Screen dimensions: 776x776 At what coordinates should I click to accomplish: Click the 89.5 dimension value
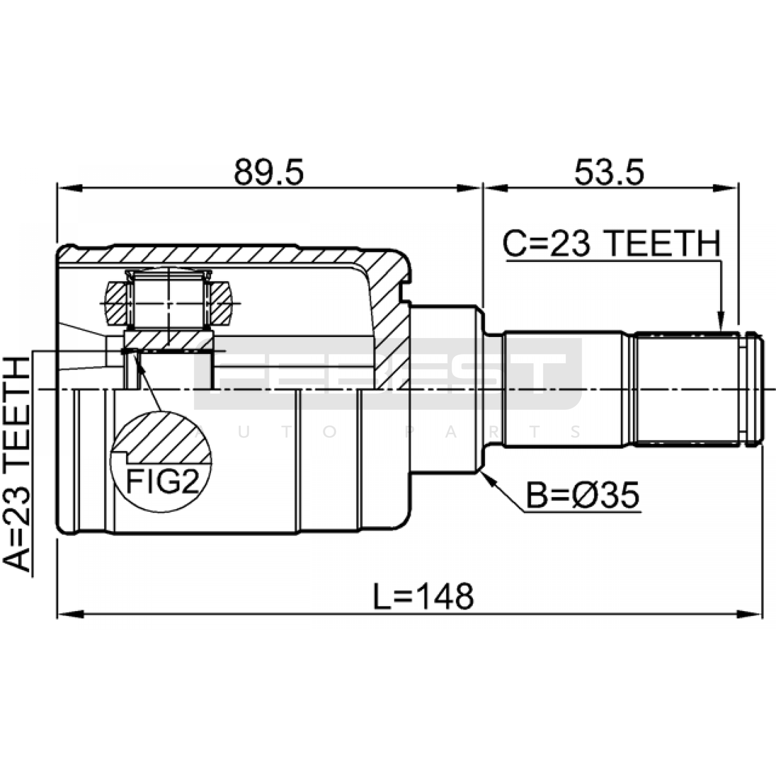point(269,173)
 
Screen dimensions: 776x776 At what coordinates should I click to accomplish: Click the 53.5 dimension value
point(609,173)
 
